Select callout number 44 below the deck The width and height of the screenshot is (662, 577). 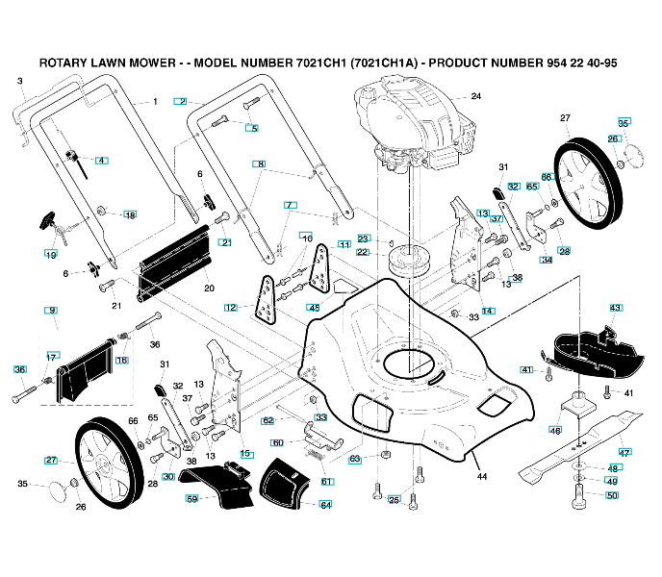(482, 476)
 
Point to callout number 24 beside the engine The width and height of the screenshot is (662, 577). (475, 97)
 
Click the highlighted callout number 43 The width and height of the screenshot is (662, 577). (616, 307)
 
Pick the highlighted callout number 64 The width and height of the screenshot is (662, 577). (326, 505)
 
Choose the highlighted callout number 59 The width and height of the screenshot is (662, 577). (191, 499)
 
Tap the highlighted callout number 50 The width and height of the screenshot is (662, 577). (612, 495)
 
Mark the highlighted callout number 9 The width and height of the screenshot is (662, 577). (52, 310)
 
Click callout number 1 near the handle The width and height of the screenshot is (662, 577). (154, 101)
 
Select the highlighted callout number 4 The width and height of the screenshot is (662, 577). (101, 160)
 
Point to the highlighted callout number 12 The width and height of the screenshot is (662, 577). (231, 308)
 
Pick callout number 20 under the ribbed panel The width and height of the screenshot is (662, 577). (209, 288)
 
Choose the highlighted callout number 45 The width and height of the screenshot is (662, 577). (314, 307)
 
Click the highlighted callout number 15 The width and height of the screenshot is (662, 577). (246, 453)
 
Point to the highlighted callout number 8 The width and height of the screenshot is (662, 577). (259, 164)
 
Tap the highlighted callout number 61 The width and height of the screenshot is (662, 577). (327, 481)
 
